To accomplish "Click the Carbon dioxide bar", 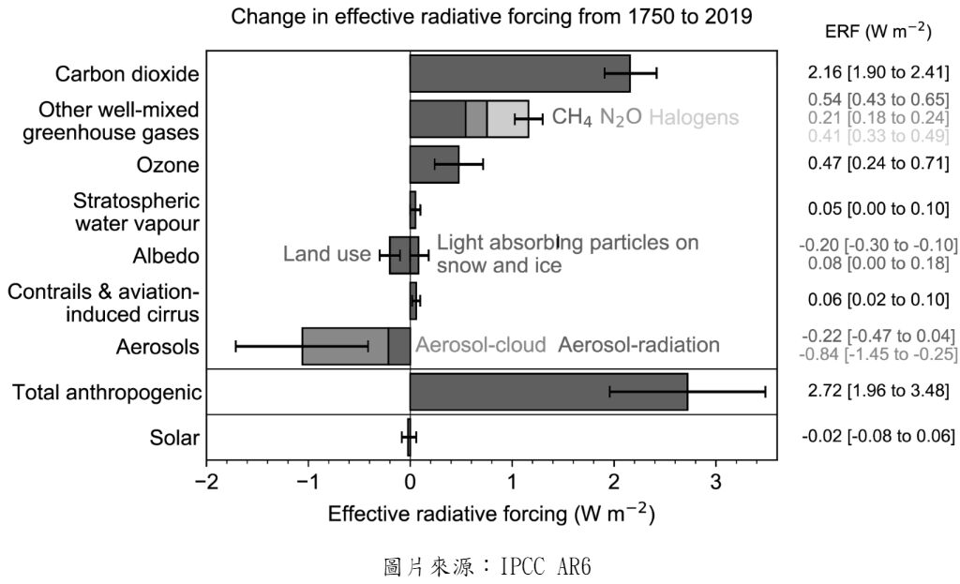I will tap(519, 73).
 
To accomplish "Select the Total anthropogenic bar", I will tap(548, 391).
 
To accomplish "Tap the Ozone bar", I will tap(434, 165).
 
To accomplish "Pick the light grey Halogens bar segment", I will tap(507, 119).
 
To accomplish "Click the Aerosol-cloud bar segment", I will tap(344, 346).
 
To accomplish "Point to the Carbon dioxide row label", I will tap(127, 73).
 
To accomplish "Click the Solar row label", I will tap(174, 438).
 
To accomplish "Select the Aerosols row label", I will tap(157, 347).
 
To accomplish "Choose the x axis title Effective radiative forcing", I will tap(491, 516).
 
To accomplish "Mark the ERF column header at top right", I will tap(877, 31).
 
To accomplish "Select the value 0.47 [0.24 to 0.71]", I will tap(878, 165).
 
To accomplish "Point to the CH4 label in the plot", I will tap(572, 119).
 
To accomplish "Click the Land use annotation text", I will tap(327, 254).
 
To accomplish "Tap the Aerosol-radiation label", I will tap(639, 346).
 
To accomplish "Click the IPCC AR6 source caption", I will tap(490, 565).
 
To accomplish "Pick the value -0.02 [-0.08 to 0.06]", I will tap(877, 438).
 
